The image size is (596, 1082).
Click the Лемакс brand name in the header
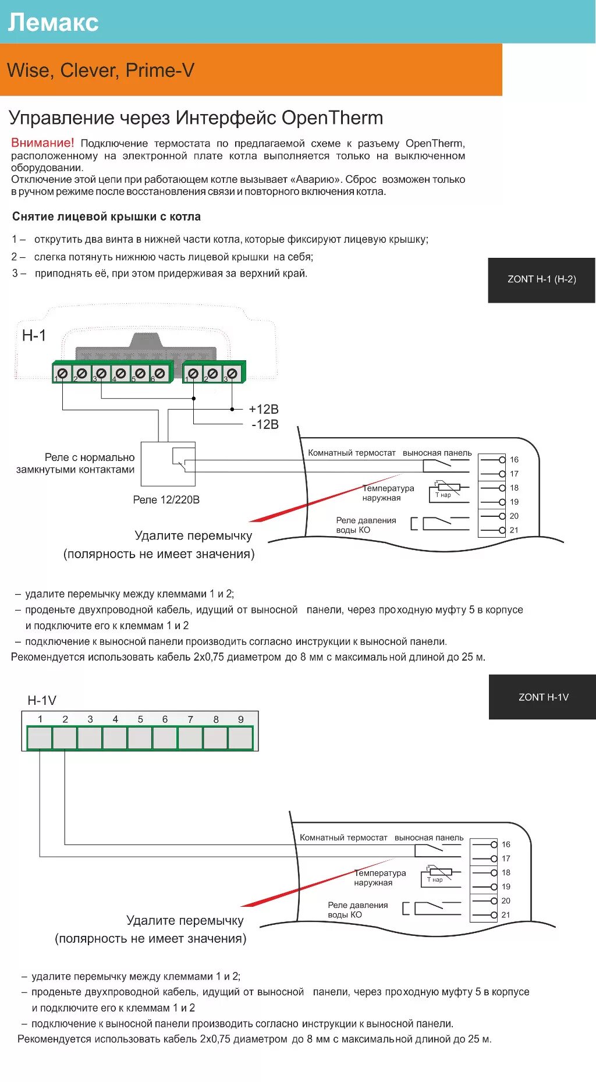point(53,22)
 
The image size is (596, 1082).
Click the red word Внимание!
point(42,143)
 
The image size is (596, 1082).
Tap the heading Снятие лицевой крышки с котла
point(107,217)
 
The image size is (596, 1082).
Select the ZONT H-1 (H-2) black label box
point(541,279)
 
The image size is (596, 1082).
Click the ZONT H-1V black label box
point(542,697)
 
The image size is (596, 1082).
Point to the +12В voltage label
point(264,409)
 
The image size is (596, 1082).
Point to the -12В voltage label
point(265,424)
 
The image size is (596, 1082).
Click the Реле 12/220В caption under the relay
point(166,499)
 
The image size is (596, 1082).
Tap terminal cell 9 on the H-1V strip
point(240,737)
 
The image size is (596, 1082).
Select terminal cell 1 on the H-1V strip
point(40,737)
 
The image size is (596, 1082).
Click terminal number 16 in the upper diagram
point(514,460)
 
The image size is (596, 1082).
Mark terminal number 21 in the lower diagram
point(506,915)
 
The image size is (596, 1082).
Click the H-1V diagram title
point(42,700)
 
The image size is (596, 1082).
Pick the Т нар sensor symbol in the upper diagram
point(445,490)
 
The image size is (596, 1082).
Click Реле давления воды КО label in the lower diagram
point(357,910)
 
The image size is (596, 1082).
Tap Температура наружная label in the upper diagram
point(388,493)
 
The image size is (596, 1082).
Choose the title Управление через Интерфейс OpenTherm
point(196,118)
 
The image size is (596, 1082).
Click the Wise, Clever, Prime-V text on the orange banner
point(101,70)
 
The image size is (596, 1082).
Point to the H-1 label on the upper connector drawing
point(34,335)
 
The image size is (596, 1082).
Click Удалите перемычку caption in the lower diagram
point(185,920)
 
